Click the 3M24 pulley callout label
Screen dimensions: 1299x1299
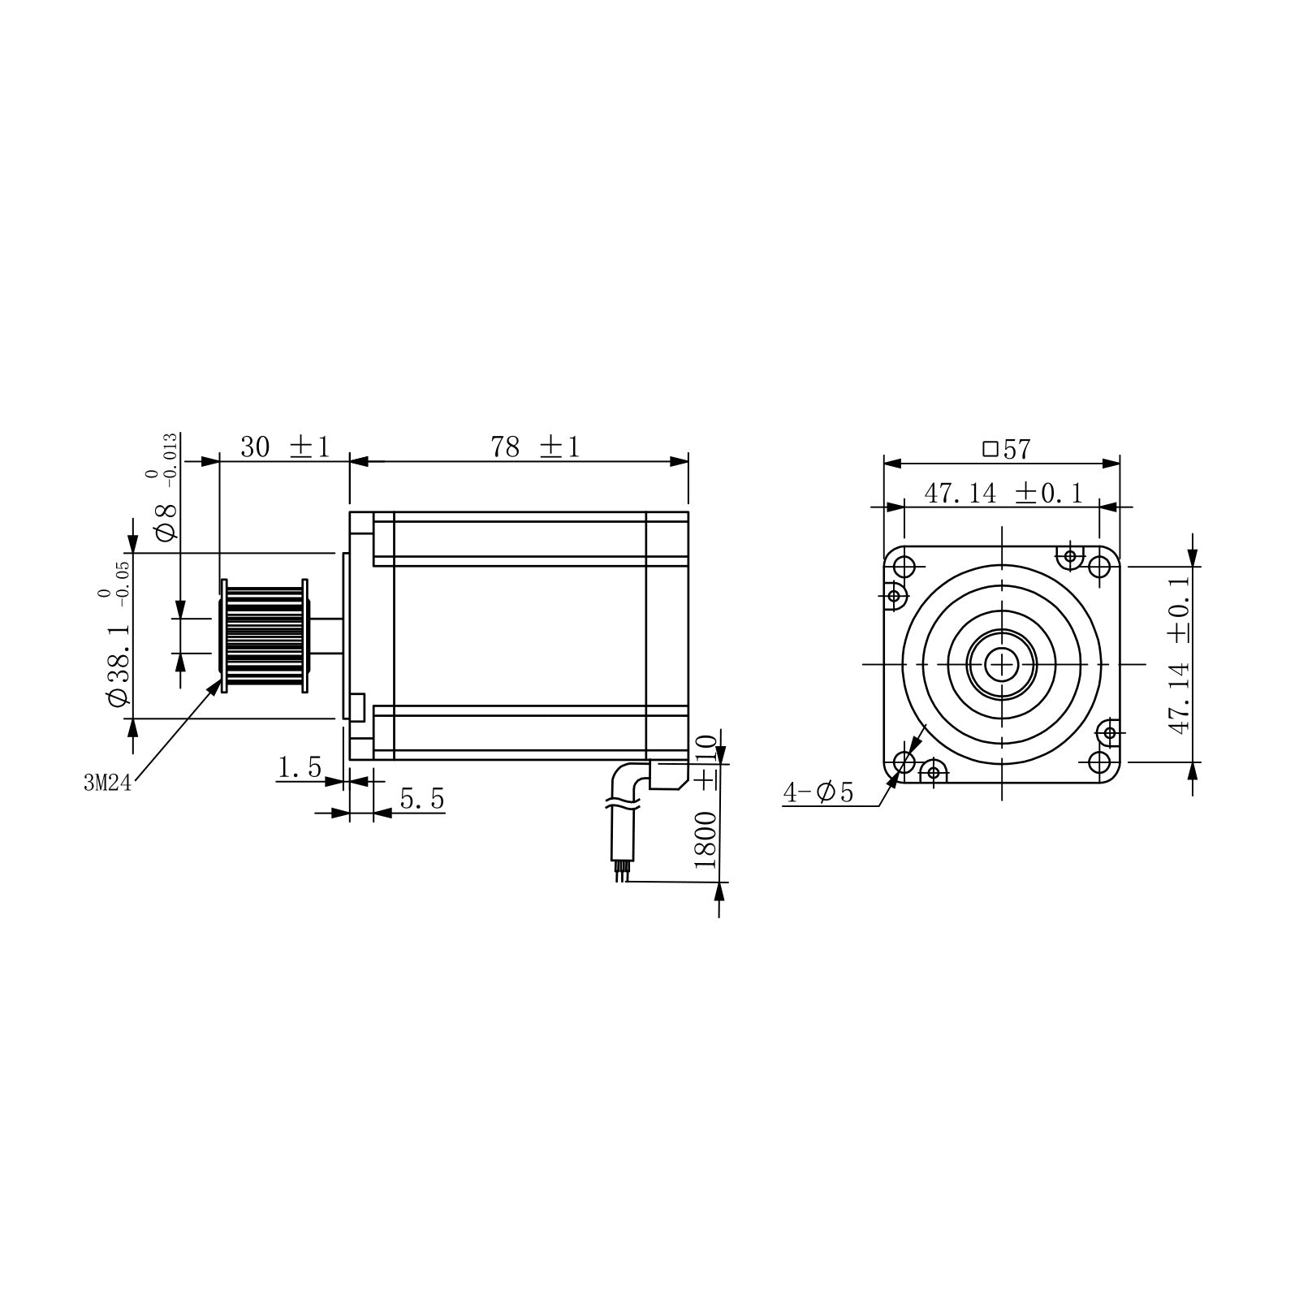point(106,783)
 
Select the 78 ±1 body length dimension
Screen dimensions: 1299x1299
point(535,447)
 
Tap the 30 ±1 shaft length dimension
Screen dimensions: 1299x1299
point(285,447)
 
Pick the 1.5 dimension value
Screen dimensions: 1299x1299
point(300,767)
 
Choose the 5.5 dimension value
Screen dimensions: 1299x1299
point(422,800)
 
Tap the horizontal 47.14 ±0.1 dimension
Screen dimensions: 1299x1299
point(1003,493)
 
